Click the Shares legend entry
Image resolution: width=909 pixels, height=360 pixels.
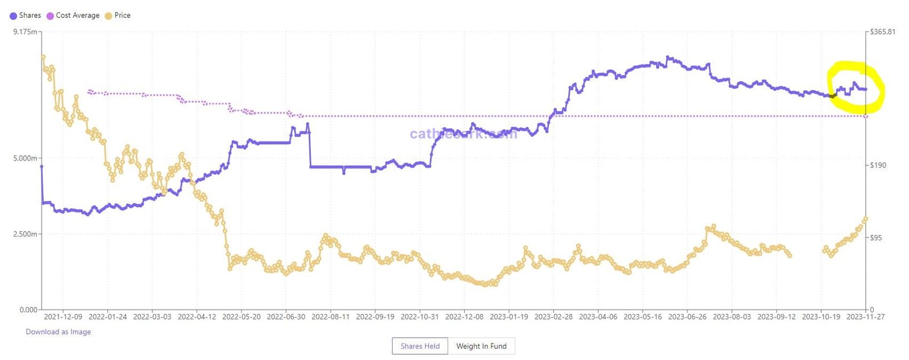[x=26, y=15]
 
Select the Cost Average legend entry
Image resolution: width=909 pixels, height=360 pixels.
[x=73, y=15]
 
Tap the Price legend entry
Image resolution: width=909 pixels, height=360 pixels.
[x=118, y=15]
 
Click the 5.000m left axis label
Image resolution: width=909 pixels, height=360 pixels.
[x=25, y=158]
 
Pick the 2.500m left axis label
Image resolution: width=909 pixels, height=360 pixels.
[x=25, y=234]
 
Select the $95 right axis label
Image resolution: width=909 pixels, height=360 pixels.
[x=876, y=238]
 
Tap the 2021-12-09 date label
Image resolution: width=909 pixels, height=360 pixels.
[x=63, y=317]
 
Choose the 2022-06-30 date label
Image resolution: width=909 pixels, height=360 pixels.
[x=286, y=317]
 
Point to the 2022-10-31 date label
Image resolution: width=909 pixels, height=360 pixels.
[x=420, y=317]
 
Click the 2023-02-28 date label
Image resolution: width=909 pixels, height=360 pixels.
[x=553, y=317]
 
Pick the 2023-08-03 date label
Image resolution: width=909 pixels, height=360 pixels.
[x=732, y=317]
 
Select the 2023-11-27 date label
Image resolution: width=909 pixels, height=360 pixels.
[x=865, y=317]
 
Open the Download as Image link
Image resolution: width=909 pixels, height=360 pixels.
[x=58, y=332]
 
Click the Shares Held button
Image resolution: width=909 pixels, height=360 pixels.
[x=420, y=346]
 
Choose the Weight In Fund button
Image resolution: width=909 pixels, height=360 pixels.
[x=481, y=346]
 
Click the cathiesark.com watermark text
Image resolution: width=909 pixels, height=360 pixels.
[x=463, y=134]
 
